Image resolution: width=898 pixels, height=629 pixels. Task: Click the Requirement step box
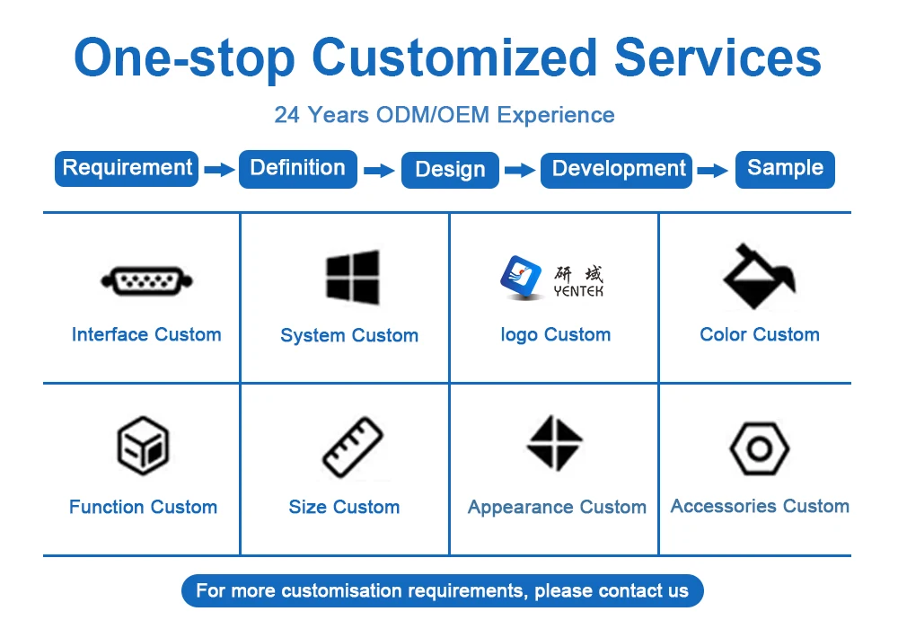pos(127,168)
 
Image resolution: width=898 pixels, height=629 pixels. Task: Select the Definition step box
pos(297,168)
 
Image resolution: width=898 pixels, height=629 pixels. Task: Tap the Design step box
pos(450,170)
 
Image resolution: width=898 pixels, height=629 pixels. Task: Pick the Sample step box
pos(785,168)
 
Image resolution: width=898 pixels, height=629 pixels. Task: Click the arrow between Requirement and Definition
pos(218,169)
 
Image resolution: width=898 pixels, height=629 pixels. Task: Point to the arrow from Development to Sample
pos(713,170)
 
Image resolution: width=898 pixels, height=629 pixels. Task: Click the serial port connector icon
pos(146,281)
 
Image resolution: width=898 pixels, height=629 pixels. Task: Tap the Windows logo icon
pos(352,277)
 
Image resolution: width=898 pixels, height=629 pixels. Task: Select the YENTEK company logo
pos(553,277)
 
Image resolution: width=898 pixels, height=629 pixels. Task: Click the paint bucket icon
pos(759,277)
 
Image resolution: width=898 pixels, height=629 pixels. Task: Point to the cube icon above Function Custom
pos(144,446)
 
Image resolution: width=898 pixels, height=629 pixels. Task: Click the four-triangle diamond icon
pos(554,443)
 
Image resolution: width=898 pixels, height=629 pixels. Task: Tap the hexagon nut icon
pos(759,447)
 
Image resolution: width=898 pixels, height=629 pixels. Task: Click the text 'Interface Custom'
pos(146,335)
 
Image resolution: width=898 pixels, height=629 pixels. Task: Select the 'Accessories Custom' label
pos(760,506)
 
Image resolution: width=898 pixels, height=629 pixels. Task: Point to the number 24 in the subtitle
pos(286,115)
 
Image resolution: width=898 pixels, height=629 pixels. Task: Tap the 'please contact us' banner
pos(442,590)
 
